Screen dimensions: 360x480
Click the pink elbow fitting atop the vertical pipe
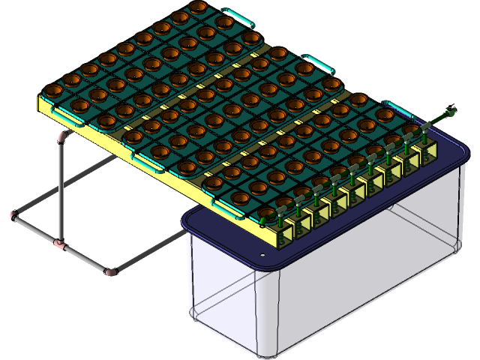tap(63, 137)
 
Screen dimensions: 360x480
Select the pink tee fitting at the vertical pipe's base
tap(59, 244)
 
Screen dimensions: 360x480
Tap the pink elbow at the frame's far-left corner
tap(13, 216)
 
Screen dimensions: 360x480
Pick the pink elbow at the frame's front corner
tap(110, 271)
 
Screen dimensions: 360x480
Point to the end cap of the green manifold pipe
tap(451, 112)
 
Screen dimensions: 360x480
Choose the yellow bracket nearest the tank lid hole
tap(287, 236)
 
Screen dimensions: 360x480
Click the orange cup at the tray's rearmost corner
tap(198, 7)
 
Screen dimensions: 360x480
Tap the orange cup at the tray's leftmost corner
tap(53, 91)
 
